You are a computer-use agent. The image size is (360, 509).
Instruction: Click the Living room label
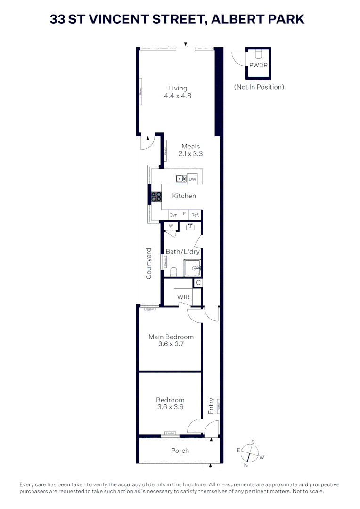[x=178, y=88]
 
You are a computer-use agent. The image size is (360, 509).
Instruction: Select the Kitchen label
[x=184, y=196]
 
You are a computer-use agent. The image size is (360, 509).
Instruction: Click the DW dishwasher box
[x=192, y=179]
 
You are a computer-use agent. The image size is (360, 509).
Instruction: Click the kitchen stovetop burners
[x=156, y=197]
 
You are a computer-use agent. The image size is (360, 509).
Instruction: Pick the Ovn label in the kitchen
[x=173, y=215]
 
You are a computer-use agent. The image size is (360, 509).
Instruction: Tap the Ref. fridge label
[x=195, y=215]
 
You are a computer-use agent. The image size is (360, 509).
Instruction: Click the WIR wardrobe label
[x=183, y=297]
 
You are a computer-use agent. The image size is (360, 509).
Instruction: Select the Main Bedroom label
[x=171, y=337]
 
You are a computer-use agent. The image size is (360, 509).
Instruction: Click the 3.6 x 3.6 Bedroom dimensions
[x=171, y=407]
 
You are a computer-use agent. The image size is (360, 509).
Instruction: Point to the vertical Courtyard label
[x=148, y=263]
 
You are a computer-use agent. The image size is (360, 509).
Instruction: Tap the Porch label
[x=180, y=451]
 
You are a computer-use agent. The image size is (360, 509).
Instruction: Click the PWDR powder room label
[x=258, y=65]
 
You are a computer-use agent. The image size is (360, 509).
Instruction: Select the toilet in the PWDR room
[x=258, y=54]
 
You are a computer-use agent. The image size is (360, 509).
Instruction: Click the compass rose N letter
[x=245, y=465]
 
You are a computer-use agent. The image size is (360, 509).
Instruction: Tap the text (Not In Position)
[x=259, y=87]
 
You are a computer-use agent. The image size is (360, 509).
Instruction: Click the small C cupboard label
[x=199, y=283]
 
